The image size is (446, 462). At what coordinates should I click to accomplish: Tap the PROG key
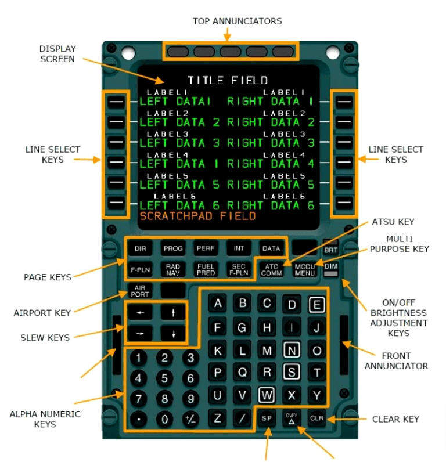[173, 248]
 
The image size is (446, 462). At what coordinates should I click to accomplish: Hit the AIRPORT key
[140, 291]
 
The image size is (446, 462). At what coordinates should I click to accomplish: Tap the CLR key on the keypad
[316, 418]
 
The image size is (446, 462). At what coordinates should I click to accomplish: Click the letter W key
[267, 395]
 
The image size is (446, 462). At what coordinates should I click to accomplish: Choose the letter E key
[316, 304]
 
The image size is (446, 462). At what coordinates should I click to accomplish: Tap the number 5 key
[164, 378]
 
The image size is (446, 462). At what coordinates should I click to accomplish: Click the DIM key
[330, 266]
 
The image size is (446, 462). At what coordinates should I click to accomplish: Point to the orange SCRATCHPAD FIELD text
[197, 216]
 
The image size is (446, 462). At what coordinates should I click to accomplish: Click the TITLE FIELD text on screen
[228, 80]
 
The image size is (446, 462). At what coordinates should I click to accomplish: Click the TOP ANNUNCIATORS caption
[237, 21]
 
